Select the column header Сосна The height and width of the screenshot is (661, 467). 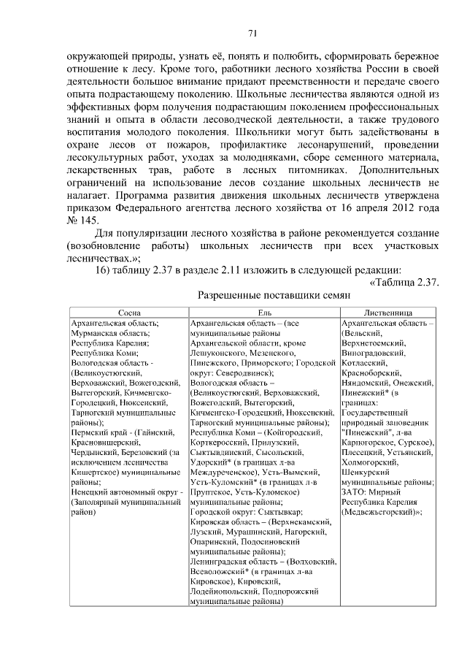[x=128, y=312]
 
